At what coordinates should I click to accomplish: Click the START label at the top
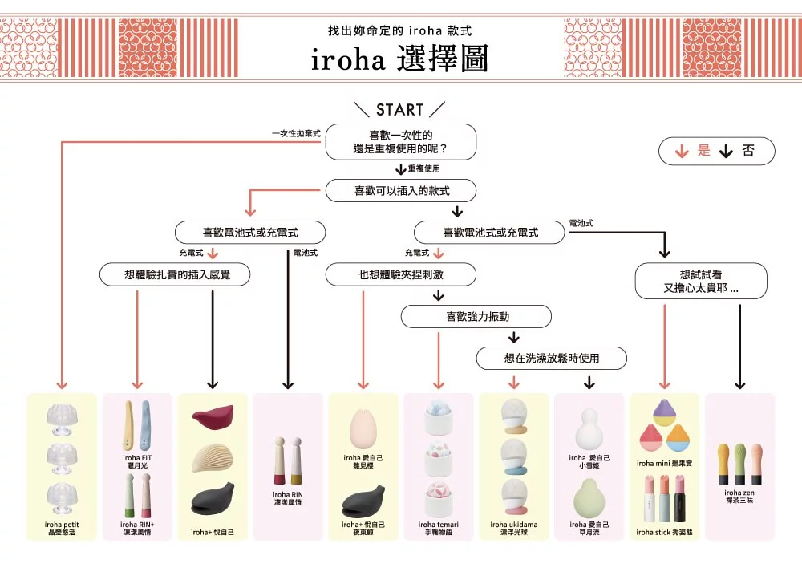click(x=399, y=110)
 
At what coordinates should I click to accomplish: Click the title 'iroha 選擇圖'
click(x=399, y=59)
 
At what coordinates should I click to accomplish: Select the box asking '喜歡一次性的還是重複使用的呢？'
click(x=400, y=142)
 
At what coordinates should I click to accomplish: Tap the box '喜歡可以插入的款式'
click(x=401, y=191)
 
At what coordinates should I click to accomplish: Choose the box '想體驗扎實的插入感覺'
click(x=176, y=274)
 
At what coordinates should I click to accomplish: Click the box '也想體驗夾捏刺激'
click(x=400, y=274)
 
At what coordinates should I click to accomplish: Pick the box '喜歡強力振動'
click(x=476, y=316)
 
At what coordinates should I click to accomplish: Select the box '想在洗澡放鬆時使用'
click(x=551, y=358)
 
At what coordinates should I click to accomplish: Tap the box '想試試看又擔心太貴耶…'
click(x=701, y=281)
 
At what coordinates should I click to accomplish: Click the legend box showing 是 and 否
click(x=716, y=151)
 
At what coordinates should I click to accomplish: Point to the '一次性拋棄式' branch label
click(x=296, y=133)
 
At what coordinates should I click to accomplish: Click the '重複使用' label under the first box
click(x=423, y=169)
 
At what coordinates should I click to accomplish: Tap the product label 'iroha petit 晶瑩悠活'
click(x=62, y=528)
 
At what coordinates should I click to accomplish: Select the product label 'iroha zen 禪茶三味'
click(x=739, y=496)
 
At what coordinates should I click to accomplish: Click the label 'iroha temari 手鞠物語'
click(x=439, y=528)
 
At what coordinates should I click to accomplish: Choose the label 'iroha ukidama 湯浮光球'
click(x=513, y=528)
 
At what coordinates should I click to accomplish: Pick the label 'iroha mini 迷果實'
click(x=665, y=463)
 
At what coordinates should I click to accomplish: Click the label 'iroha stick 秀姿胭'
click(x=665, y=531)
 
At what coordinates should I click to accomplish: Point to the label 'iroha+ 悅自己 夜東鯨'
click(x=363, y=528)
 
